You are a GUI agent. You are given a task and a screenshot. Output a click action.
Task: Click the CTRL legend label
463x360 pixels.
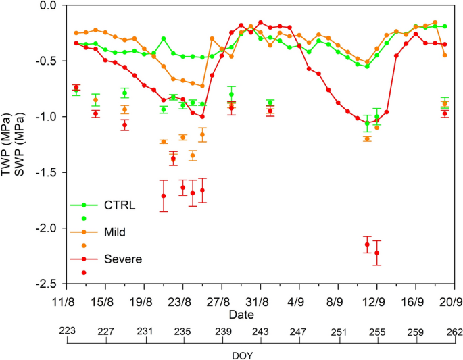(120, 205)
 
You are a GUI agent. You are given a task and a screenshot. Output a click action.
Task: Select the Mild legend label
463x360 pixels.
(116, 232)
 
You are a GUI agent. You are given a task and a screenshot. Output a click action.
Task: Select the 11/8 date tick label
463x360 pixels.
(66, 302)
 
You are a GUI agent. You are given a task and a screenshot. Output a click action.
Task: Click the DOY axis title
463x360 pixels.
(260, 353)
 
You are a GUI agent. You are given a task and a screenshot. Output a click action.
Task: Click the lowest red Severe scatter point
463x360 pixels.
(376, 253)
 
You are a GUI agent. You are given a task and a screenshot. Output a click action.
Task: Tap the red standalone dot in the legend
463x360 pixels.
(84, 272)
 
